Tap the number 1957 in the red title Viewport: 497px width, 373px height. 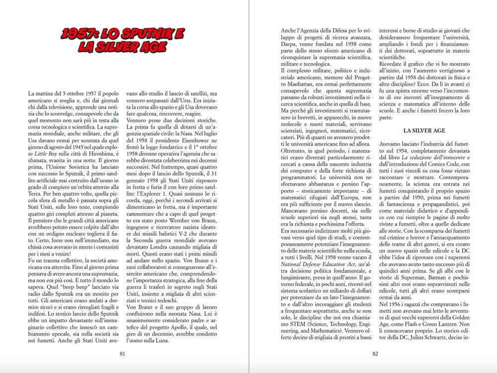coord(78,34)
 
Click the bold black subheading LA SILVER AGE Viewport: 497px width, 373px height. coord(424,130)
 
